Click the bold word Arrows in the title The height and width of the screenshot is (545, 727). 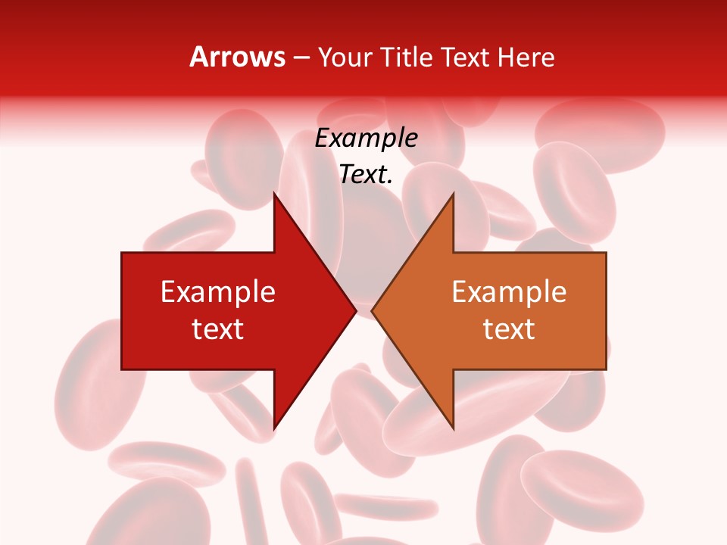[x=237, y=58]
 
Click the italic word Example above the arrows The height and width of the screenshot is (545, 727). [x=367, y=139]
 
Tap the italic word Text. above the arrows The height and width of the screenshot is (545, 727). [x=367, y=175]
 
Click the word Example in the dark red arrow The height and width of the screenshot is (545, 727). [x=218, y=292]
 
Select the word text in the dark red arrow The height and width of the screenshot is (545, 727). [x=218, y=329]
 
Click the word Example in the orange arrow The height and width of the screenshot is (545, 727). [x=509, y=292]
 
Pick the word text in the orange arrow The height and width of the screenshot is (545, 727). [x=509, y=329]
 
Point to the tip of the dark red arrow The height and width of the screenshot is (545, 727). [x=356, y=310]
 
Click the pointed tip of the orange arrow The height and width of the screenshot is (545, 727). [x=372, y=310]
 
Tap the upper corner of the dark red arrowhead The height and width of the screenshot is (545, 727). [x=274, y=194]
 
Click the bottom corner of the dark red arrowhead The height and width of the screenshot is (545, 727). [x=274, y=428]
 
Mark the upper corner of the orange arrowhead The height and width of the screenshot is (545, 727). [x=453, y=194]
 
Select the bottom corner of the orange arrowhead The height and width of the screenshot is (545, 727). [x=453, y=428]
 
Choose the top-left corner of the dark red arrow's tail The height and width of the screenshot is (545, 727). [x=122, y=253]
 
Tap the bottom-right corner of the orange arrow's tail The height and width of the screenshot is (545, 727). [x=606, y=369]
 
